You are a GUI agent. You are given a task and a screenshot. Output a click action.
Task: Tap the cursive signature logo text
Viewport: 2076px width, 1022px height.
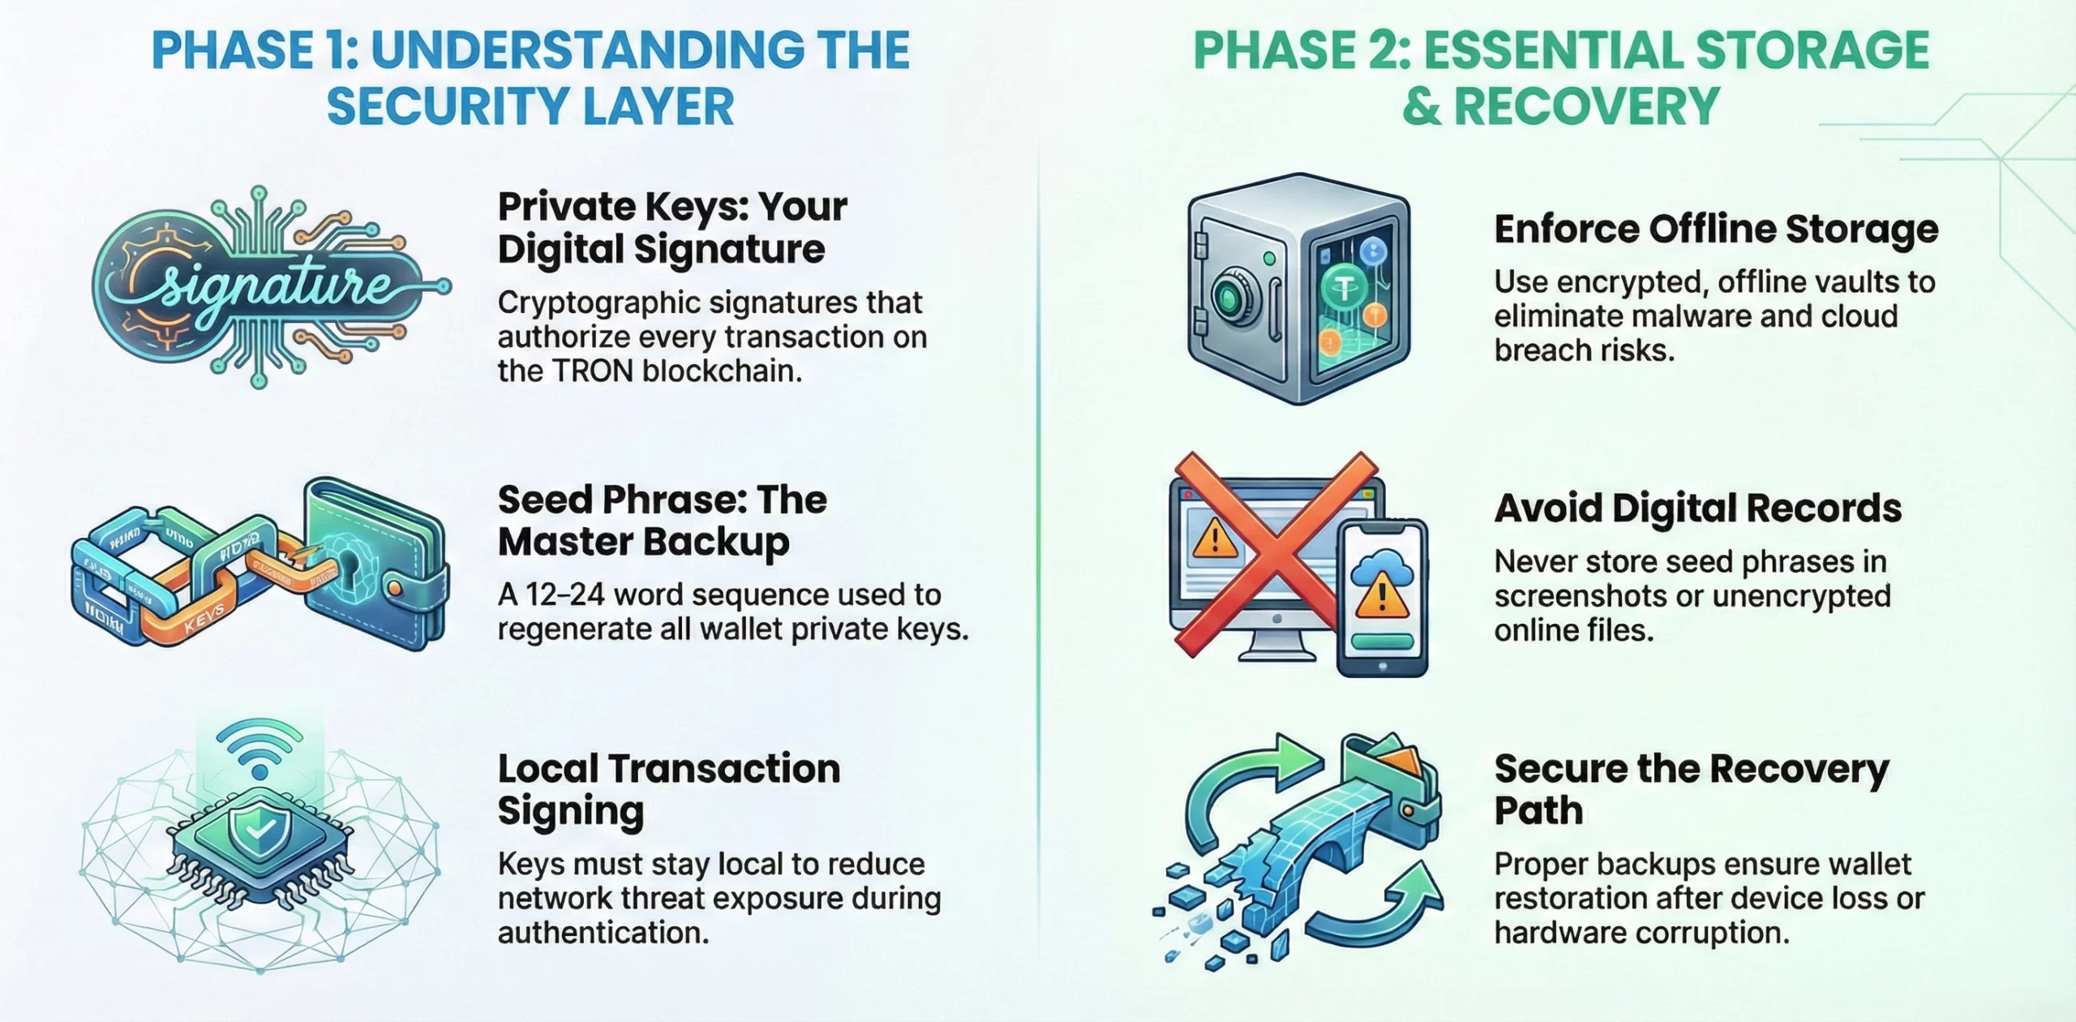258,286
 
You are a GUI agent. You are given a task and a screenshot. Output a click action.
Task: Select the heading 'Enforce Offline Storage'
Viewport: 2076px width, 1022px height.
1716,230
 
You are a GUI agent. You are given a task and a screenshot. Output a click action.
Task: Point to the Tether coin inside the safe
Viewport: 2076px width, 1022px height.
1345,286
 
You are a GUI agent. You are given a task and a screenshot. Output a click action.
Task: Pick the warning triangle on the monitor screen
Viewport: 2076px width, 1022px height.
1214,538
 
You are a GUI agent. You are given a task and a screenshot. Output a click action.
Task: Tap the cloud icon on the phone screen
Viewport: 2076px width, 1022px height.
1382,561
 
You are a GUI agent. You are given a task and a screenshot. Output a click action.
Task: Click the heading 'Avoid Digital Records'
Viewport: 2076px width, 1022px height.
1697,509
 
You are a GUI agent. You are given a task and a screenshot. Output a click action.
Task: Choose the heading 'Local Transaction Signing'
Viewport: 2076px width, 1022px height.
668,789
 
